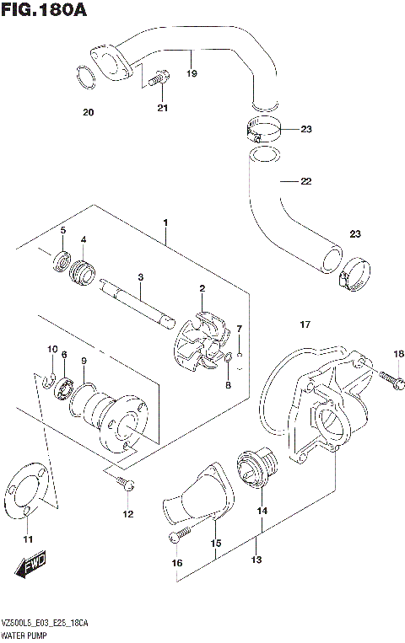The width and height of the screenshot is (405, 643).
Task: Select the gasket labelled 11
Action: tap(26, 497)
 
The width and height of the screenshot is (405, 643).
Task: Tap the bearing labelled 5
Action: tap(60, 259)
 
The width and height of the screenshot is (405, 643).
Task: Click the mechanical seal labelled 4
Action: tap(84, 272)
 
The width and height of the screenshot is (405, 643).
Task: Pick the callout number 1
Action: tap(166, 222)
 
